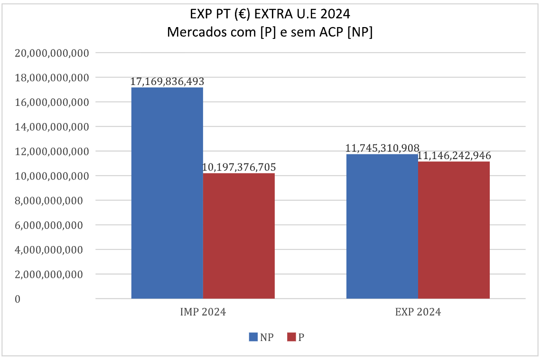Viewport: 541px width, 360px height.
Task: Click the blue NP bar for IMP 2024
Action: (x=167, y=193)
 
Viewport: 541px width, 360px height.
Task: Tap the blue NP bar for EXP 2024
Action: (x=382, y=226)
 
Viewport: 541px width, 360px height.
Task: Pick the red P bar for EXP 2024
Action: (x=454, y=230)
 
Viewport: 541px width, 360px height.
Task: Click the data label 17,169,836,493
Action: (x=167, y=82)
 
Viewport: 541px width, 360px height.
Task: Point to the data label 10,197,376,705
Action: (x=239, y=168)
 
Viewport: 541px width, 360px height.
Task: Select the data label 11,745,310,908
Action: (x=382, y=149)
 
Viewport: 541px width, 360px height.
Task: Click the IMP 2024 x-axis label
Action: (x=203, y=313)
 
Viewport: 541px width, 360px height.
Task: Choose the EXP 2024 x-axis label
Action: (x=418, y=313)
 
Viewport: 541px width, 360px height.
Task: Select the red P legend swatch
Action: (x=292, y=337)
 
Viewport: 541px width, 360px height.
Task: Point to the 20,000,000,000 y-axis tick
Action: (x=52, y=53)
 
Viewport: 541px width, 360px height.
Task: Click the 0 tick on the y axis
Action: (x=17, y=299)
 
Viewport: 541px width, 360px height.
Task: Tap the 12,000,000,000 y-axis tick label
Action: (x=52, y=152)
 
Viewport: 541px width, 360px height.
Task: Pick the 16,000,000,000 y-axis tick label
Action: (x=52, y=103)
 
